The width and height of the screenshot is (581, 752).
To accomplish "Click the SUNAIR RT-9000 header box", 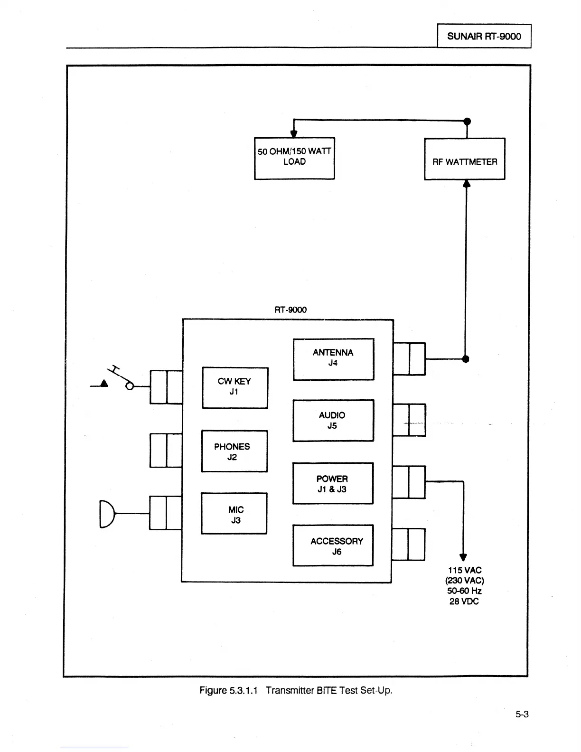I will point(484,36).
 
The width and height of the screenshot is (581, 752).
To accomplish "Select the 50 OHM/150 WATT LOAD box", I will point(294,158).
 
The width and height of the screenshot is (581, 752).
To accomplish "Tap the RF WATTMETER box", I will point(464,159).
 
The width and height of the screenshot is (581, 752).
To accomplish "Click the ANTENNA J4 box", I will point(333,359).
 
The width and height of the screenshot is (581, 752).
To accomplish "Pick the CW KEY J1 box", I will point(234,387).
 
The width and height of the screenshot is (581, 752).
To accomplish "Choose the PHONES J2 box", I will point(234,451).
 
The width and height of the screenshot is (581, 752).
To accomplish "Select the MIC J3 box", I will point(234,514).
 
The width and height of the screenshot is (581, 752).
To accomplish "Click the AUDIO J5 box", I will point(333,420).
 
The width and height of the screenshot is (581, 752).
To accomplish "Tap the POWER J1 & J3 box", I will point(333,483).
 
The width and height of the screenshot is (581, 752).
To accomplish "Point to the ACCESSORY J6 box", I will point(333,545).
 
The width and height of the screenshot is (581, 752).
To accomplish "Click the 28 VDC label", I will point(464,602).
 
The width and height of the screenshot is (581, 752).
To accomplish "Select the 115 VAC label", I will point(464,570).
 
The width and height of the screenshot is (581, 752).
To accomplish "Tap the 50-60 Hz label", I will point(464,591).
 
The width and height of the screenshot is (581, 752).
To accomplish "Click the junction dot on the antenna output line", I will point(465,358).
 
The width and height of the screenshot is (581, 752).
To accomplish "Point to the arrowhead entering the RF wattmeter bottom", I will point(466,184).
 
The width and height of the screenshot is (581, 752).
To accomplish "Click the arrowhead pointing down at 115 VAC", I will point(463,557).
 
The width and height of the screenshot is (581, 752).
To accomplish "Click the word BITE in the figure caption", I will point(327,690).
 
